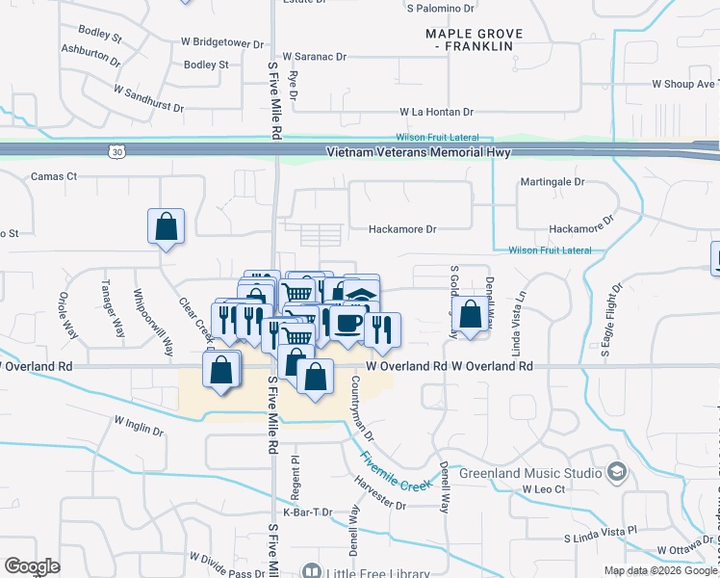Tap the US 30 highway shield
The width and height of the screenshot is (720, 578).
click(x=116, y=151)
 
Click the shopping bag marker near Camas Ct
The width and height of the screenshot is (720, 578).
click(x=167, y=227)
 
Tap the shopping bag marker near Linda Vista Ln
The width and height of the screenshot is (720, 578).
click(x=470, y=315)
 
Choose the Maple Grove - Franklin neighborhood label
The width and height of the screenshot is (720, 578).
click(x=475, y=39)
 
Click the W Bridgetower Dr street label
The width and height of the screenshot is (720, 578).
click(x=221, y=43)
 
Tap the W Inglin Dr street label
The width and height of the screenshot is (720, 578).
click(x=139, y=426)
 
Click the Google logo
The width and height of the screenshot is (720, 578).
click(x=32, y=566)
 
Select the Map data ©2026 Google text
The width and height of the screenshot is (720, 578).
click(x=661, y=570)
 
